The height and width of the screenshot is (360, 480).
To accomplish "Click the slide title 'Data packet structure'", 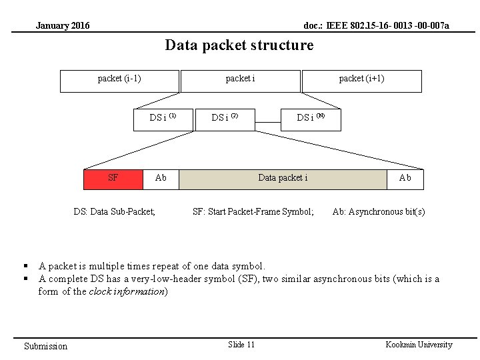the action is [239, 45].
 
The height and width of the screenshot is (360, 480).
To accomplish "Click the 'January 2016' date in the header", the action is [63, 26].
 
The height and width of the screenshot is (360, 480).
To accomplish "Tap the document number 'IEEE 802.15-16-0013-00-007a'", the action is [376, 26].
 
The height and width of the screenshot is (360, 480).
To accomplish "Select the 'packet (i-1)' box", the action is [119, 80].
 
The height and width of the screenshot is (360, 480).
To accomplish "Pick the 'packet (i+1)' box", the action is [361, 80].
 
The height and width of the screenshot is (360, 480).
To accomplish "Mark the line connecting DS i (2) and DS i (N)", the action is [268, 122].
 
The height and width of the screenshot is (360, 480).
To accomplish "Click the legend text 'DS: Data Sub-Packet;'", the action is [114, 212].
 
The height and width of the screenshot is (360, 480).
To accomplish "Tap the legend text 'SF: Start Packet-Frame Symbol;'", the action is [253, 212].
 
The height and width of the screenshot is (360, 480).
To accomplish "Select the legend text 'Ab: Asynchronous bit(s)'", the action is [379, 212].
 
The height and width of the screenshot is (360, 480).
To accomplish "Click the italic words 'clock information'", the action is [126, 291].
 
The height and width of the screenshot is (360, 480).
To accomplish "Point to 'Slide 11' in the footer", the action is [241, 345].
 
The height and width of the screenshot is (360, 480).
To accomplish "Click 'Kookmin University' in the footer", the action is [419, 345].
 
